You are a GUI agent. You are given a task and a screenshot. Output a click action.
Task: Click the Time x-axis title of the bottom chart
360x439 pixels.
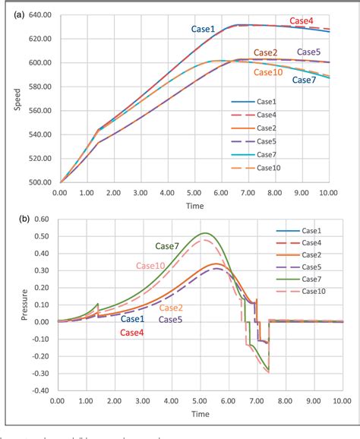click(200, 415)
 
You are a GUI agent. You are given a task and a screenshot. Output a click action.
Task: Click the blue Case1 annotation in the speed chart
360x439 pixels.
click(202, 29)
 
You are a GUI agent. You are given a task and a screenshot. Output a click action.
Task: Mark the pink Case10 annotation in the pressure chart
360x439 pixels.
click(152, 265)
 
